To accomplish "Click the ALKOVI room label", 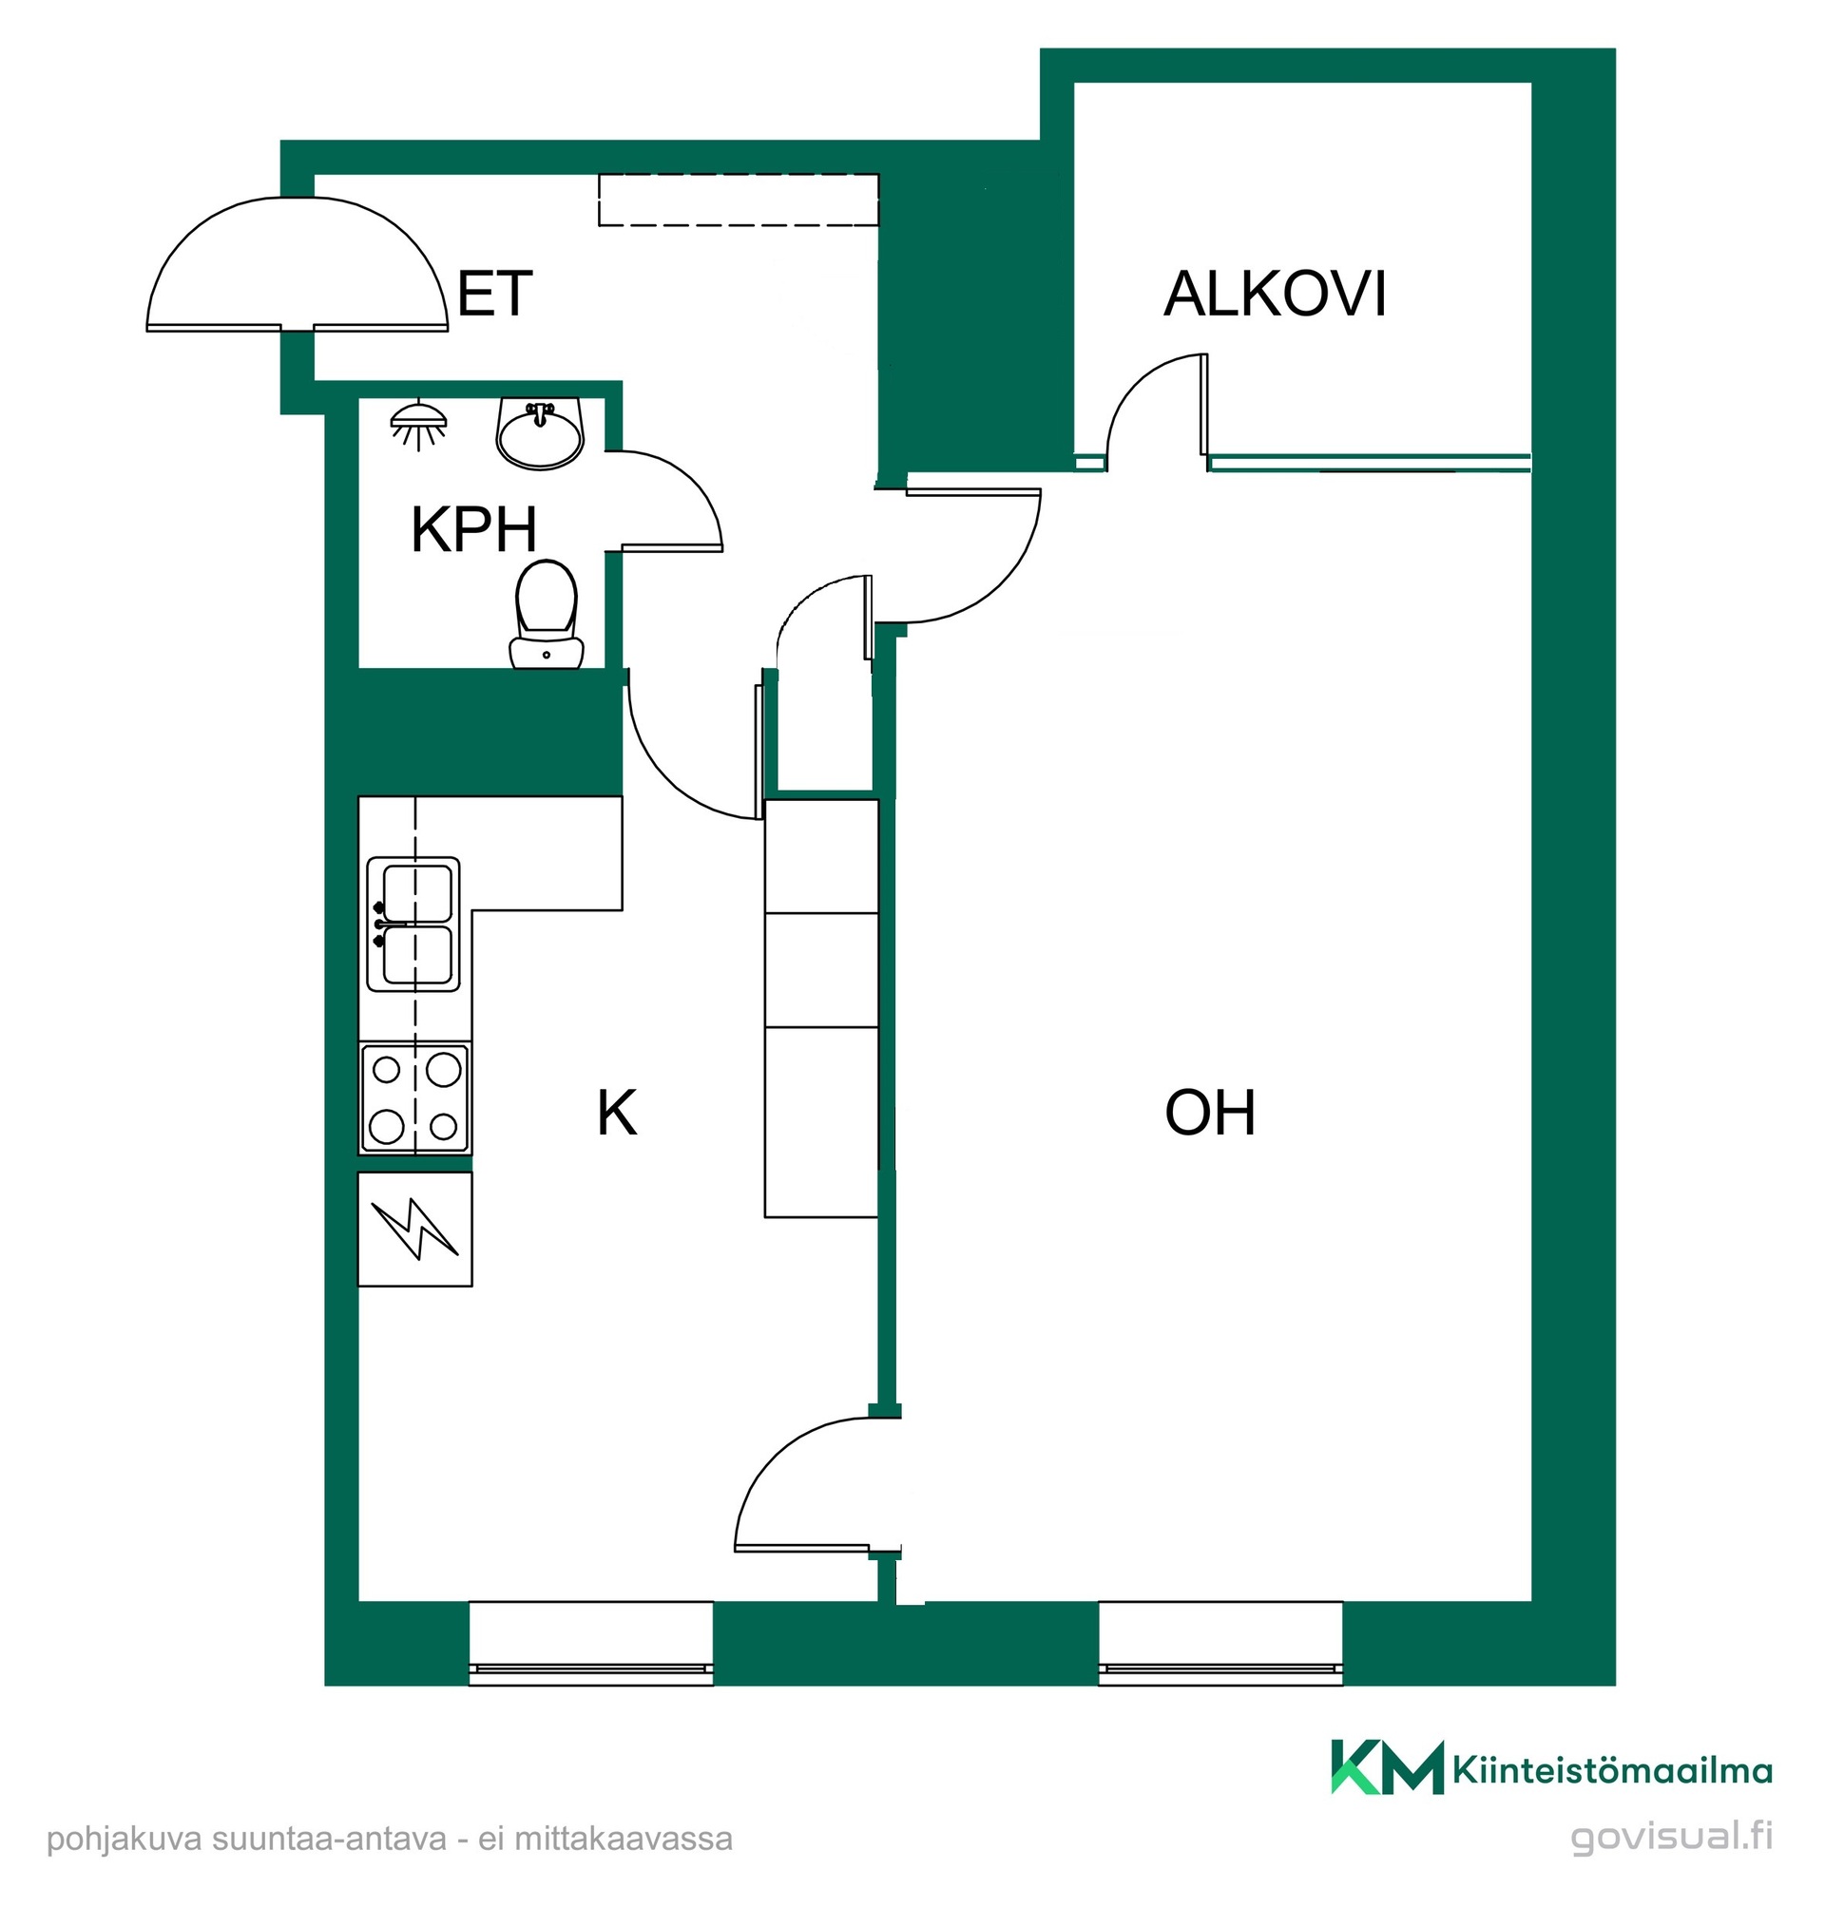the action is pos(1275,294).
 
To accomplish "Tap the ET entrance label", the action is pos(494,294).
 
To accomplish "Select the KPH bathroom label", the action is pos(473,530).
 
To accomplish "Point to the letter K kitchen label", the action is pos(617,1114).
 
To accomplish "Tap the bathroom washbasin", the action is pos(540,432).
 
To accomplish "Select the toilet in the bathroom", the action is pos(547,615).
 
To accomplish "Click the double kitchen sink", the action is pos(413,924).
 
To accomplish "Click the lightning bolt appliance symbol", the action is pos(415,1230).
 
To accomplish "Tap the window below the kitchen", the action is pos(591,1644).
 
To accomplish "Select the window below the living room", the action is pos(1220,1644).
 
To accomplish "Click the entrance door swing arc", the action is pos(298,199).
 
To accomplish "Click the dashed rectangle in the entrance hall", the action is pos(739,200).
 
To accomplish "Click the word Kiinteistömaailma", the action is pos(1612,1771).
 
